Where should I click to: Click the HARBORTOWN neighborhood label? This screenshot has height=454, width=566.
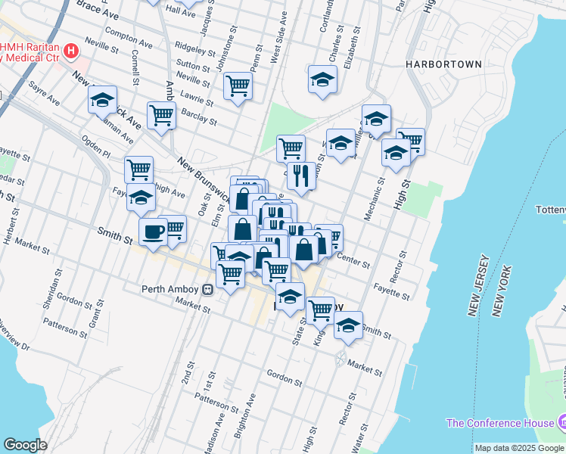tap(443, 64)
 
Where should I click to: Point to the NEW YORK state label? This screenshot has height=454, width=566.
tap(501, 291)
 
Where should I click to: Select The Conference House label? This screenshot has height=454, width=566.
tap(499, 423)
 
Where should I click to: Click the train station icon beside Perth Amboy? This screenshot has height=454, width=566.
tap(207, 289)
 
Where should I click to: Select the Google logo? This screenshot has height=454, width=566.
tap(25, 445)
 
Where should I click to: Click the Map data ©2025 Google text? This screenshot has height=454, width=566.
tap(520, 448)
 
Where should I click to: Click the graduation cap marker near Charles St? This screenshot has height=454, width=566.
tap(322, 79)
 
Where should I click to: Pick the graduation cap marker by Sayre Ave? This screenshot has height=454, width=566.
tap(102, 99)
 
